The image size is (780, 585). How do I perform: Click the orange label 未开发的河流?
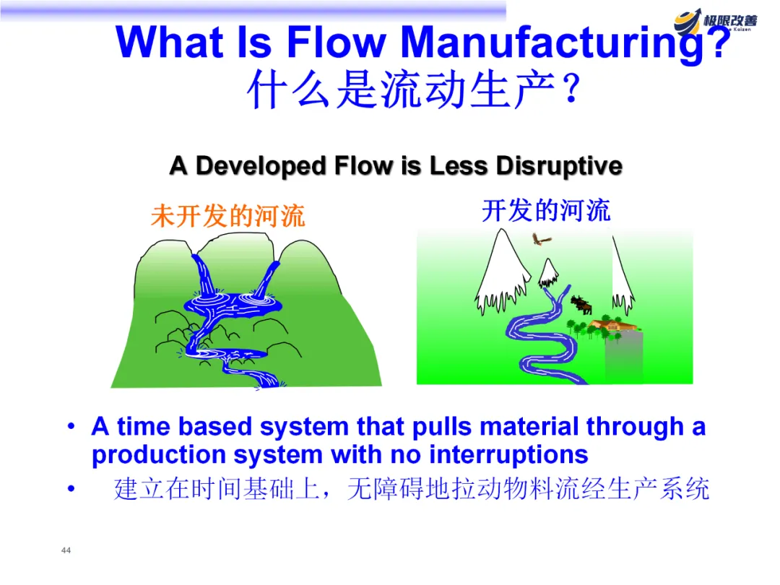point(228,216)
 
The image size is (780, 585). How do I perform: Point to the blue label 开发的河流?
point(546,211)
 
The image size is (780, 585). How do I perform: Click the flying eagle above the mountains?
point(540,240)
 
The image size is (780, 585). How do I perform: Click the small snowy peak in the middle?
point(550,272)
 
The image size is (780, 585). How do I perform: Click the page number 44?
point(66,550)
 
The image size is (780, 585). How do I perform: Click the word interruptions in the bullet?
point(508,455)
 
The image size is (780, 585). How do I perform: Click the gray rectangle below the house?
point(623,358)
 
